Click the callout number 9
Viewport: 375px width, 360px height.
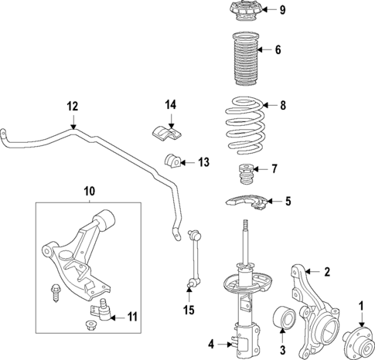click(x=282, y=10)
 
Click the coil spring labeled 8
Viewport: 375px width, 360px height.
click(x=245, y=122)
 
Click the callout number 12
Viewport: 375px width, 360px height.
click(x=73, y=106)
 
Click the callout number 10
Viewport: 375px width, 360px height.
click(x=89, y=190)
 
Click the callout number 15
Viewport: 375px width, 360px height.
click(x=189, y=311)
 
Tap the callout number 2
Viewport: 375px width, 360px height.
click(x=326, y=271)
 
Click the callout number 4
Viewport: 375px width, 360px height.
click(x=211, y=343)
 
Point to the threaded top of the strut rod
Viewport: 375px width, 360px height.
click(x=245, y=226)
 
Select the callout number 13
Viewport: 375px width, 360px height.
click(x=203, y=162)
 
